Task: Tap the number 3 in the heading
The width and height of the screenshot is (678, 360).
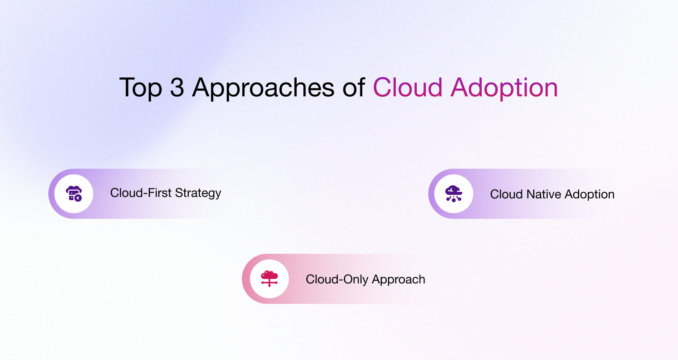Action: pos(177,88)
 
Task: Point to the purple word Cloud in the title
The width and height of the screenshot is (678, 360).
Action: pos(408,88)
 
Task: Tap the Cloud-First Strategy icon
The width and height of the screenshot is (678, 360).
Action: pos(74,193)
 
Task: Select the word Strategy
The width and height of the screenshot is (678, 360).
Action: pos(198,193)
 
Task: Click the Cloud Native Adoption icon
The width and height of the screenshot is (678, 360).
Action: pos(453,194)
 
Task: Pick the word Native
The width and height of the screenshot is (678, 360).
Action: pos(543,194)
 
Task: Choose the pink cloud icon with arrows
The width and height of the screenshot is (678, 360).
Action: pos(269,278)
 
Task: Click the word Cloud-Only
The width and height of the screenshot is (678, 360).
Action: pos(337,280)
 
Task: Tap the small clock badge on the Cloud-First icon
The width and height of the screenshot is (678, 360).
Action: pos(78,198)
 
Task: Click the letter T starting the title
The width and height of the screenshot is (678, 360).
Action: pos(125,87)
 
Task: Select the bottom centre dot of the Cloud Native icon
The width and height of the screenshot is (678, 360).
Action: pos(454,200)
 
